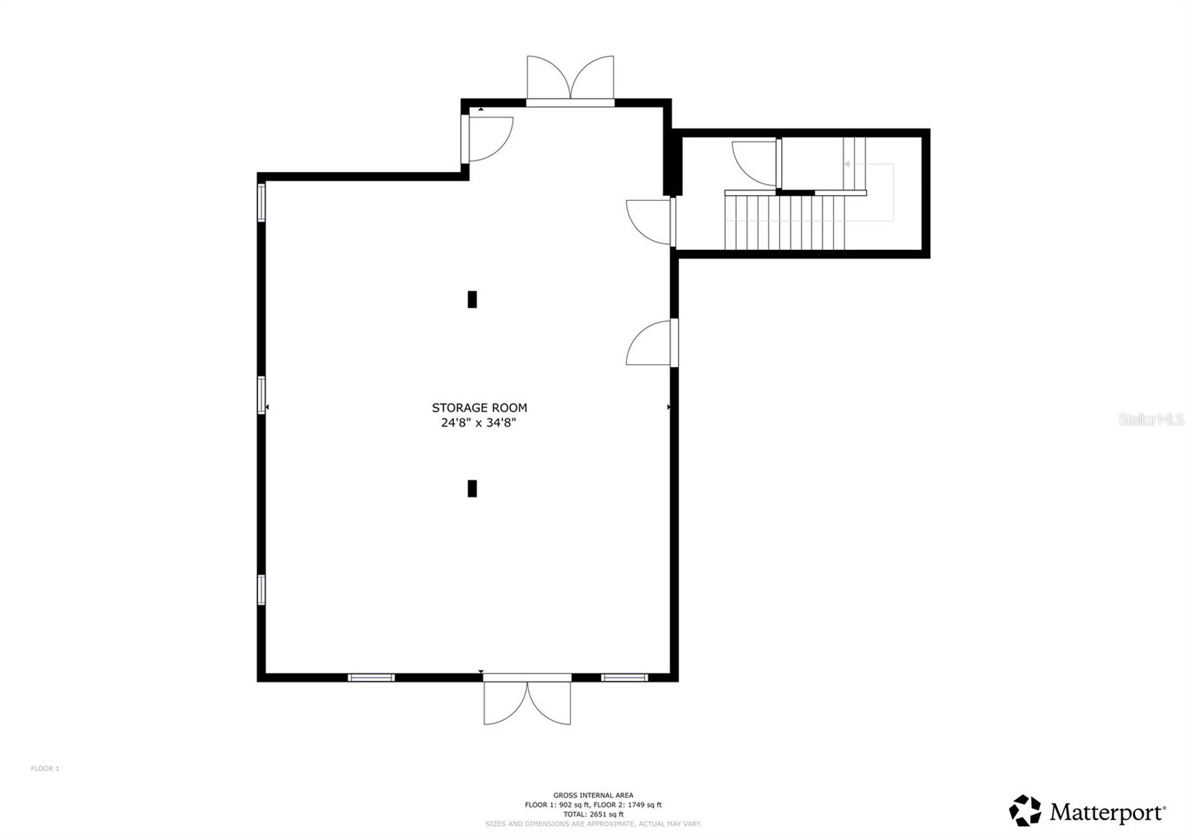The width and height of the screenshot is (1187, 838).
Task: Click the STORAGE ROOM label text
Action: tap(479, 407)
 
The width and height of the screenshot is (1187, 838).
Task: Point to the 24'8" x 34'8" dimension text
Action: tap(479, 423)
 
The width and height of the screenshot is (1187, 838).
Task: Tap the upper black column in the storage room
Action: tap(472, 300)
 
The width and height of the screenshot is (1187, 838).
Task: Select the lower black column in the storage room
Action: tap(472, 489)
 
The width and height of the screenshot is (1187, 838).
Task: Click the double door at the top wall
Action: tap(571, 80)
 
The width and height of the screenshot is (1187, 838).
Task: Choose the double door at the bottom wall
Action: tap(527, 702)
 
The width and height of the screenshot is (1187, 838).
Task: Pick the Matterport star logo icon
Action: tap(1025, 811)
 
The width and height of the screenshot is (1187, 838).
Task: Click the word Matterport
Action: tap(1107, 813)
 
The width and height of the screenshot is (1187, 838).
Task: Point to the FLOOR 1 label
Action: tap(45, 768)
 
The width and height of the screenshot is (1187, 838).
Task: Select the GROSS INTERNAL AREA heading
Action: tap(593, 795)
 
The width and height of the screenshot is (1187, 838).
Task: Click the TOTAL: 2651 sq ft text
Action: tap(593, 814)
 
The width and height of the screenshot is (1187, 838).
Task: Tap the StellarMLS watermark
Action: tap(1151, 420)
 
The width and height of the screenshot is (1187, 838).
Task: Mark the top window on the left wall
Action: tap(261, 202)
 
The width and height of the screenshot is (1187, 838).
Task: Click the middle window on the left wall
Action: tap(261, 395)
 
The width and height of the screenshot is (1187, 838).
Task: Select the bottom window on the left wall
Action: tap(261, 590)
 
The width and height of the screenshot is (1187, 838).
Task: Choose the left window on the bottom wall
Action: tap(371, 677)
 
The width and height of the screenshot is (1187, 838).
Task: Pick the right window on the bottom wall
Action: tap(624, 677)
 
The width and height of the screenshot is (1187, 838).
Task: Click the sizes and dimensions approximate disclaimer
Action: tap(593, 824)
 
